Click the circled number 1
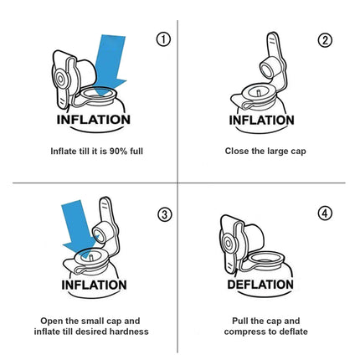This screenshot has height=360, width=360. [x=164, y=39]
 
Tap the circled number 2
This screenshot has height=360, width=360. [x=326, y=40]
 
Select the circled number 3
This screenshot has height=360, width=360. [x=165, y=213]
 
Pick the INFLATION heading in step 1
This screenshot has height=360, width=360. [x=93, y=119]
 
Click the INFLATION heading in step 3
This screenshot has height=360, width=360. [x=93, y=285]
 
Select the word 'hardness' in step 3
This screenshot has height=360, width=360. [x=128, y=332]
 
